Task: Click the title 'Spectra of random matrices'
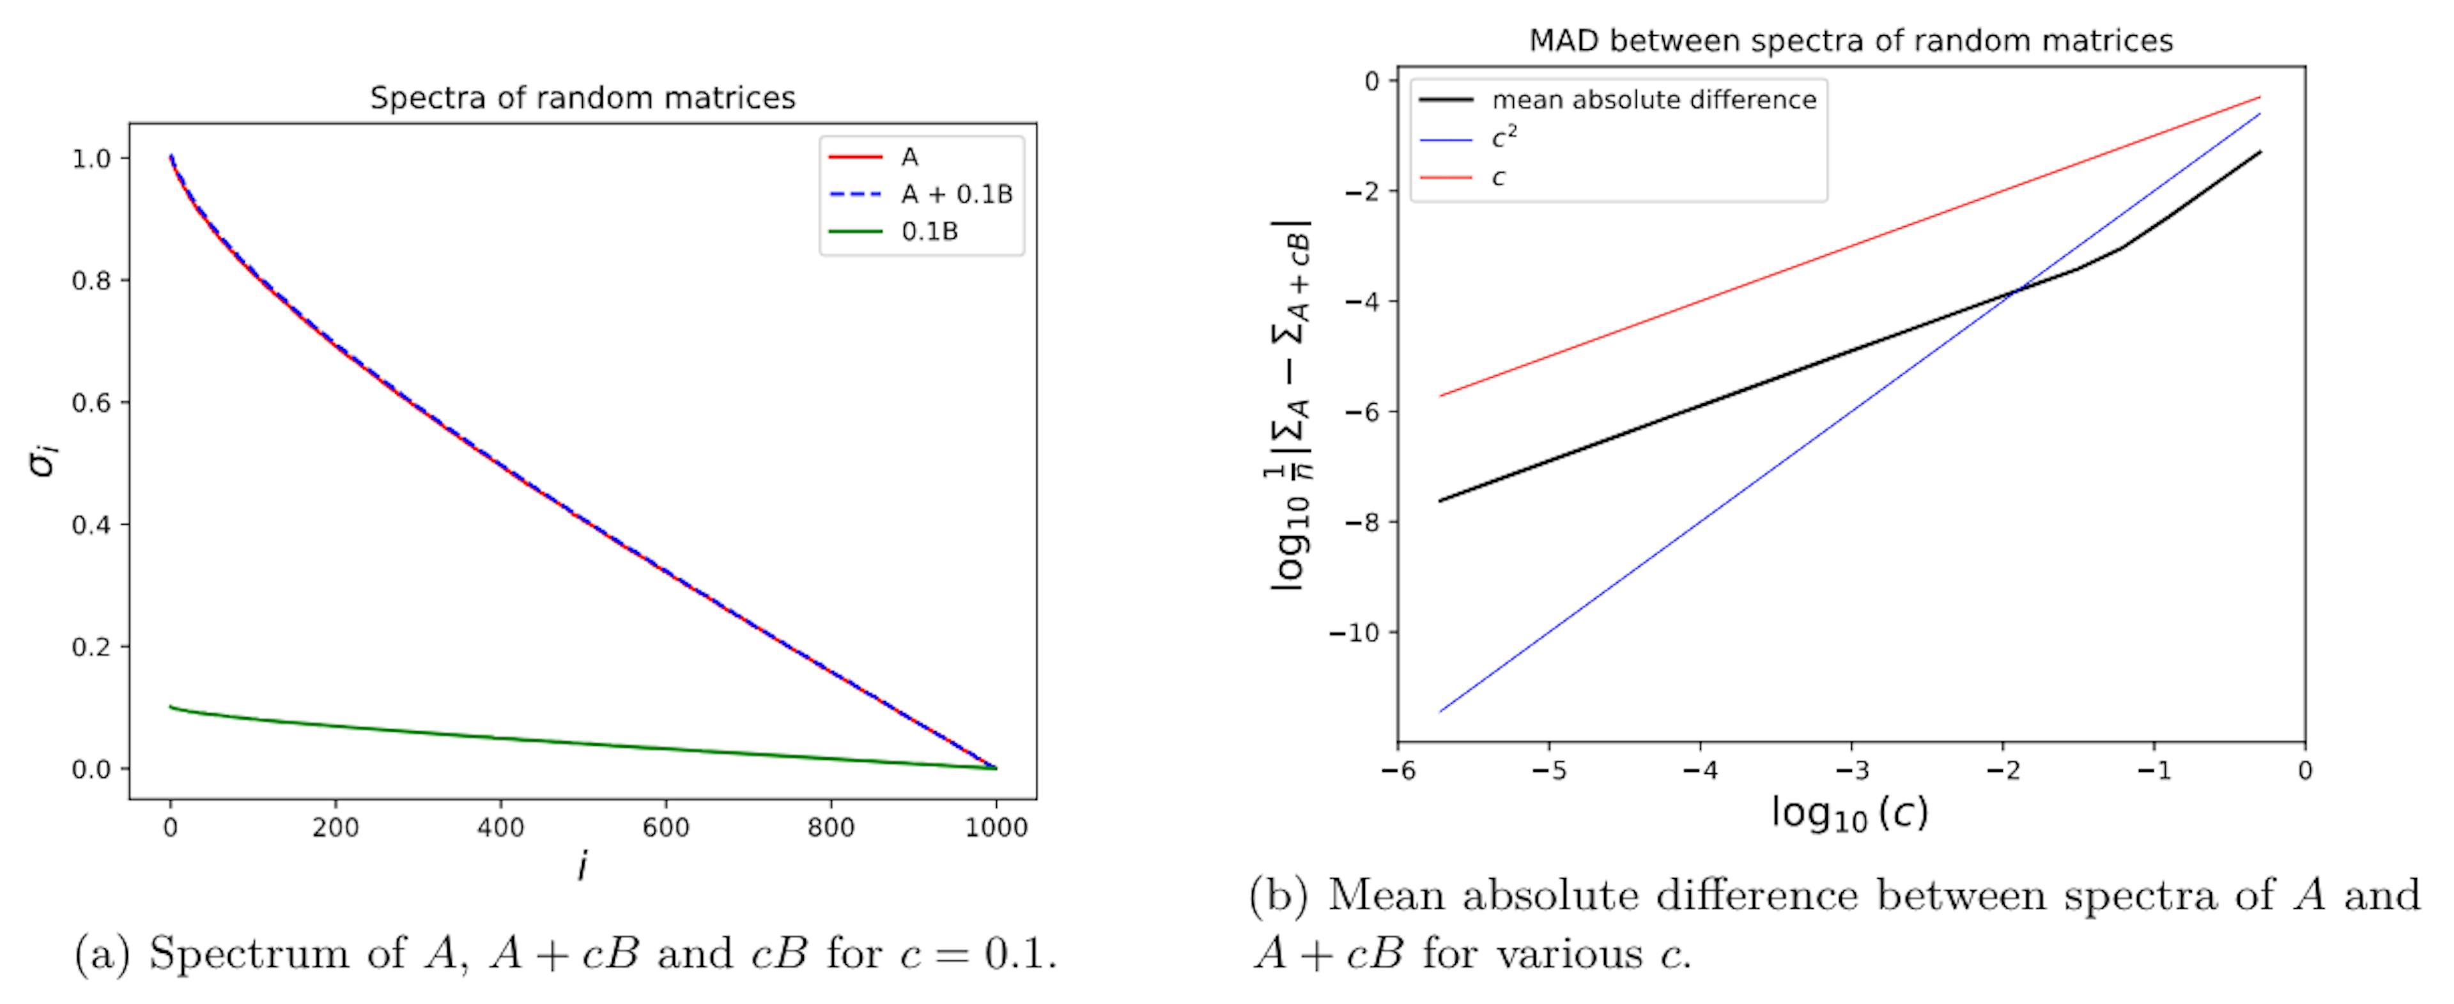[582, 98]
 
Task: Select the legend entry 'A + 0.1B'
[957, 194]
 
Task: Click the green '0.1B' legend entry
[929, 231]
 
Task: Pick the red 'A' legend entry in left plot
[909, 157]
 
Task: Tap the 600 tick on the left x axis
[665, 828]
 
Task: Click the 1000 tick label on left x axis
[996, 828]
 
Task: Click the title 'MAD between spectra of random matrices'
[1850, 41]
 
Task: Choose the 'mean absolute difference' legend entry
[1654, 100]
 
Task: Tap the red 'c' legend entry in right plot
[1499, 177]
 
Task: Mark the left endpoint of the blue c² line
[1439, 711]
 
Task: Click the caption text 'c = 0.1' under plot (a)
[989, 954]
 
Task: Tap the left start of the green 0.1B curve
[171, 707]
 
